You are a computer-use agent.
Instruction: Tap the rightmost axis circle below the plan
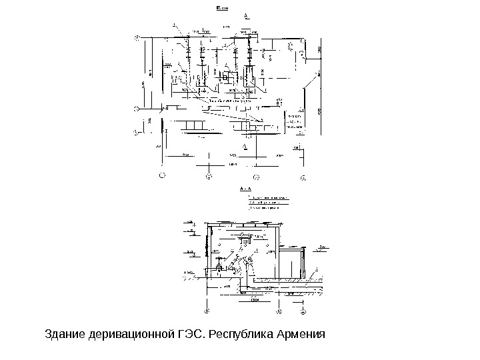point(303,177)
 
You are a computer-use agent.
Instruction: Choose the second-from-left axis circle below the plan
point(208,177)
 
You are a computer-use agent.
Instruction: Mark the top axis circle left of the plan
point(137,39)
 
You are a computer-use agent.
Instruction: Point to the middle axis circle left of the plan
point(137,107)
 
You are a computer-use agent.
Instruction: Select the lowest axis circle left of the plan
point(137,132)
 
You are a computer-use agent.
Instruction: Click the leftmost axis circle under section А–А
point(206,311)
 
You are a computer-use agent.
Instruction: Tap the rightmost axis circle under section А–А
point(304,311)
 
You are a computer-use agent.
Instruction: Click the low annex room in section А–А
point(291,263)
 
